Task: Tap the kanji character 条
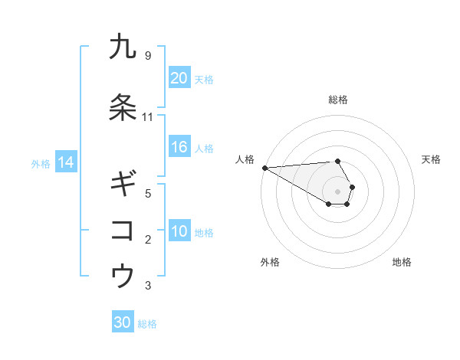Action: [123, 108]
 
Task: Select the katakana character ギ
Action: [123, 184]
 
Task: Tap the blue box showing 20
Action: [179, 77]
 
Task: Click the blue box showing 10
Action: [179, 231]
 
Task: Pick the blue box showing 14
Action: [66, 162]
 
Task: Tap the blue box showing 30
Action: [123, 322]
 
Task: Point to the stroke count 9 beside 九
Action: [147, 56]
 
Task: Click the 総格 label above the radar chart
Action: [338, 100]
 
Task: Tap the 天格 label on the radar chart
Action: [432, 159]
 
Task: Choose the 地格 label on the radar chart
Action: [402, 262]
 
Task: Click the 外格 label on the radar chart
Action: [270, 262]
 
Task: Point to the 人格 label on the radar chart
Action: [245, 159]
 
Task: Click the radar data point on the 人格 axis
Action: [264, 167]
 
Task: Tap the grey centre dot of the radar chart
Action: [338, 191]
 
